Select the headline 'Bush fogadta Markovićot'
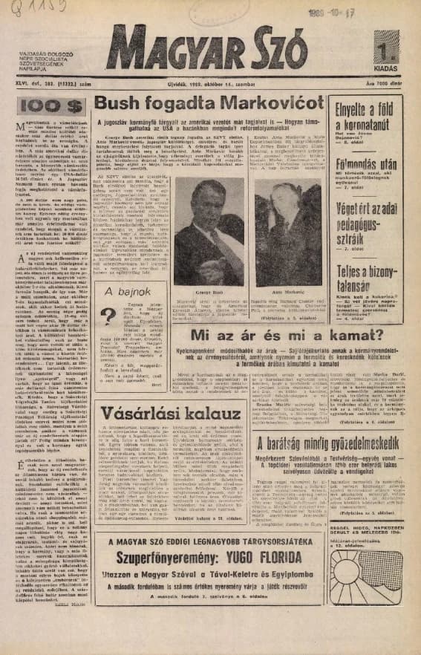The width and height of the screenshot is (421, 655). (210, 103)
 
